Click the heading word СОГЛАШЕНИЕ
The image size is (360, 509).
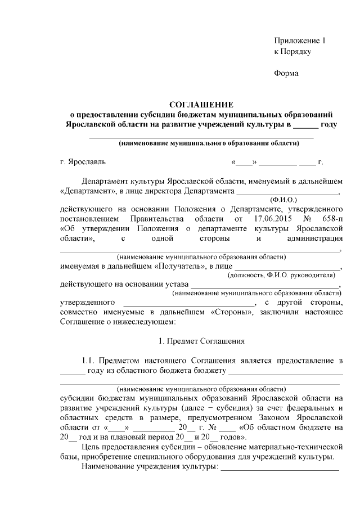(x=201, y=104)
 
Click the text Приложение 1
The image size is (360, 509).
(x=300, y=41)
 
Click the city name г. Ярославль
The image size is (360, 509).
(x=83, y=163)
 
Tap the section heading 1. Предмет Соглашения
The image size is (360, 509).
(x=201, y=341)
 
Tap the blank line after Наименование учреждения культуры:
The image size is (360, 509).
(x=280, y=467)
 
